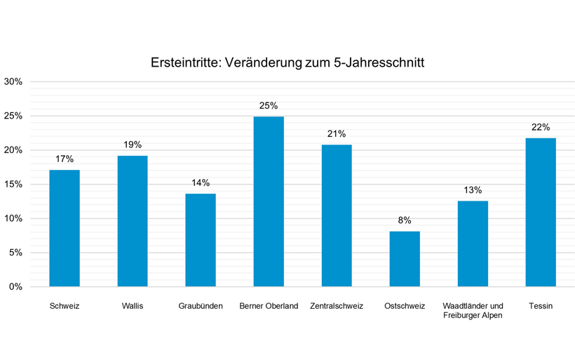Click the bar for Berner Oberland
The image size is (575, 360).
click(x=269, y=201)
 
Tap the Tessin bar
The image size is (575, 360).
click(x=541, y=212)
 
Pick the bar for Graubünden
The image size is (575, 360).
click(x=201, y=240)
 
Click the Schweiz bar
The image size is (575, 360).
click(x=65, y=228)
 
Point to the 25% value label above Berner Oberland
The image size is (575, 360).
click(x=269, y=105)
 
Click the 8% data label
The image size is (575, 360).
click(x=405, y=220)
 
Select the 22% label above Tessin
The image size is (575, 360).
click(x=541, y=127)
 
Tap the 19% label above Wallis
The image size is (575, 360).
click(x=133, y=145)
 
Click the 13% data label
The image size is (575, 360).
click(x=473, y=189)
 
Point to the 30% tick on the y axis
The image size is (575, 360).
click(x=13, y=81)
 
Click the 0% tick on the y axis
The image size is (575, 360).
click(x=15, y=287)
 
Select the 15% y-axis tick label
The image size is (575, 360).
click(x=13, y=185)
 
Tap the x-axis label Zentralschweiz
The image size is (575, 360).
click(x=337, y=306)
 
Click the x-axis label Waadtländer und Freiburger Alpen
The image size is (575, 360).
click(x=473, y=310)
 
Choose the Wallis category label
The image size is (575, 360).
click(x=133, y=306)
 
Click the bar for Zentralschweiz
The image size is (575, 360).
click(x=337, y=215)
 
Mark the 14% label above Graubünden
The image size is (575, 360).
click(x=201, y=182)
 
